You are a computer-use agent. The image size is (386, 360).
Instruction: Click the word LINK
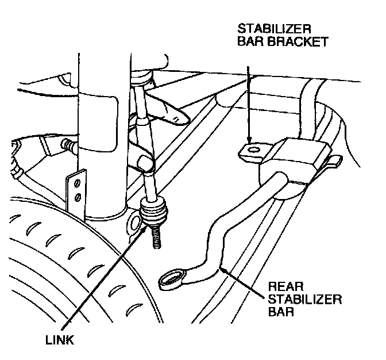[60, 339]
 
